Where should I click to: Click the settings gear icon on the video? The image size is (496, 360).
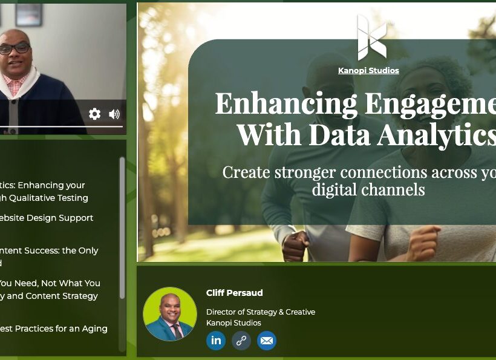94,114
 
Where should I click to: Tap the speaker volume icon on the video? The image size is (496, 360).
114,114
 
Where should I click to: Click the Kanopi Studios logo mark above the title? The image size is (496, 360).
371,38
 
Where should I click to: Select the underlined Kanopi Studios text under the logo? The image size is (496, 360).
368,71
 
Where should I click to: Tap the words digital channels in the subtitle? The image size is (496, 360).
368,189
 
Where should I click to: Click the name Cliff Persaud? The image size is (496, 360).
234,293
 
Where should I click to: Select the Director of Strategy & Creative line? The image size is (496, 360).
260,312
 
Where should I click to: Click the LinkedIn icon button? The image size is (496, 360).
216,341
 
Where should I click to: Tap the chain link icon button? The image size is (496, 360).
241,341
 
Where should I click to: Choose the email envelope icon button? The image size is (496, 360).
266,341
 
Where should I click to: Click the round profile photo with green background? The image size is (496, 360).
169,314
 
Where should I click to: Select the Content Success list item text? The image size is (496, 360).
48,250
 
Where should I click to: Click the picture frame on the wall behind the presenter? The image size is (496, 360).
29,13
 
